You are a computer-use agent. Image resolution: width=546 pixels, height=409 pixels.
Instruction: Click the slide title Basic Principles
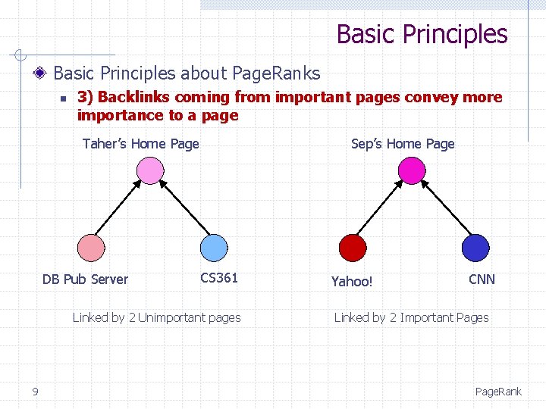pyautogui.click(x=422, y=34)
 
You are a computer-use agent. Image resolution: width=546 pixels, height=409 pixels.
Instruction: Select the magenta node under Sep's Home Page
pyautogui.click(x=412, y=170)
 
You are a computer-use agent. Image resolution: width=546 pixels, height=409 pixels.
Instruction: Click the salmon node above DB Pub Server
pyautogui.click(x=92, y=248)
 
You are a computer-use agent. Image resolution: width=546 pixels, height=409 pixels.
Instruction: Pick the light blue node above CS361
pyautogui.click(x=213, y=248)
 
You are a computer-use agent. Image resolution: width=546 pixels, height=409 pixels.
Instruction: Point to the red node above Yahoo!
pyautogui.click(x=353, y=248)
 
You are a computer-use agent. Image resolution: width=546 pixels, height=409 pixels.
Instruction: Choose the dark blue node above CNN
pyautogui.click(x=475, y=248)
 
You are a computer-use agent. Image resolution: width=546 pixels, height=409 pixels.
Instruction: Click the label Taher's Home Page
pyautogui.click(x=141, y=144)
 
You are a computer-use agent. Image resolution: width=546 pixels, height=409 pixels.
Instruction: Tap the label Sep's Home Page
pyautogui.click(x=403, y=144)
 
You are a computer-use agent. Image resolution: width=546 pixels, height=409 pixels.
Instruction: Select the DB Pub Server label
pyautogui.click(x=85, y=279)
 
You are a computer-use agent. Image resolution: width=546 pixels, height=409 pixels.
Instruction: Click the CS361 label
pyautogui.click(x=219, y=278)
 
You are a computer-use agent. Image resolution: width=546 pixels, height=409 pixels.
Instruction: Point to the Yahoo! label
pyautogui.click(x=352, y=282)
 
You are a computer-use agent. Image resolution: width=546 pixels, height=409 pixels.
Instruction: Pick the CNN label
pyautogui.click(x=482, y=279)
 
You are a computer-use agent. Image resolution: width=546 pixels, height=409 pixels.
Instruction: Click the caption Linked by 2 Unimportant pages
pyautogui.click(x=156, y=317)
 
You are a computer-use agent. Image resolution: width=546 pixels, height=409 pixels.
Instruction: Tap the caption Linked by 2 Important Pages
pyautogui.click(x=412, y=317)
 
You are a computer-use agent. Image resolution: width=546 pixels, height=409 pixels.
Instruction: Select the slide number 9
pyautogui.click(x=35, y=391)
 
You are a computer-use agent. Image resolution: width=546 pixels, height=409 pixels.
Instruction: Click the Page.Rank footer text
pyautogui.click(x=498, y=392)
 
